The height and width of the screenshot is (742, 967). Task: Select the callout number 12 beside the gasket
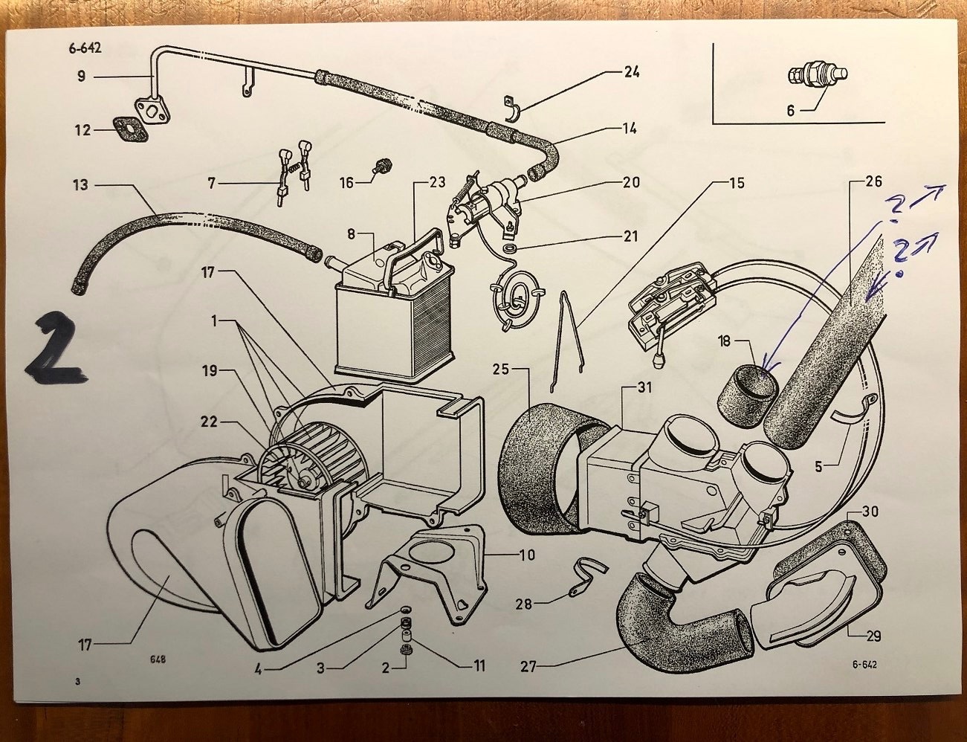point(83,130)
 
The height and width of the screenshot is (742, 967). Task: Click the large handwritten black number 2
point(56,348)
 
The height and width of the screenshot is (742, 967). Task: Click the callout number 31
point(644,388)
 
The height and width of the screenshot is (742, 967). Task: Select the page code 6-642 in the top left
point(85,48)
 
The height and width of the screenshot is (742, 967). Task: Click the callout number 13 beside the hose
point(80,184)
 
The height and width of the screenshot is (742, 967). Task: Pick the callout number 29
point(873,636)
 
